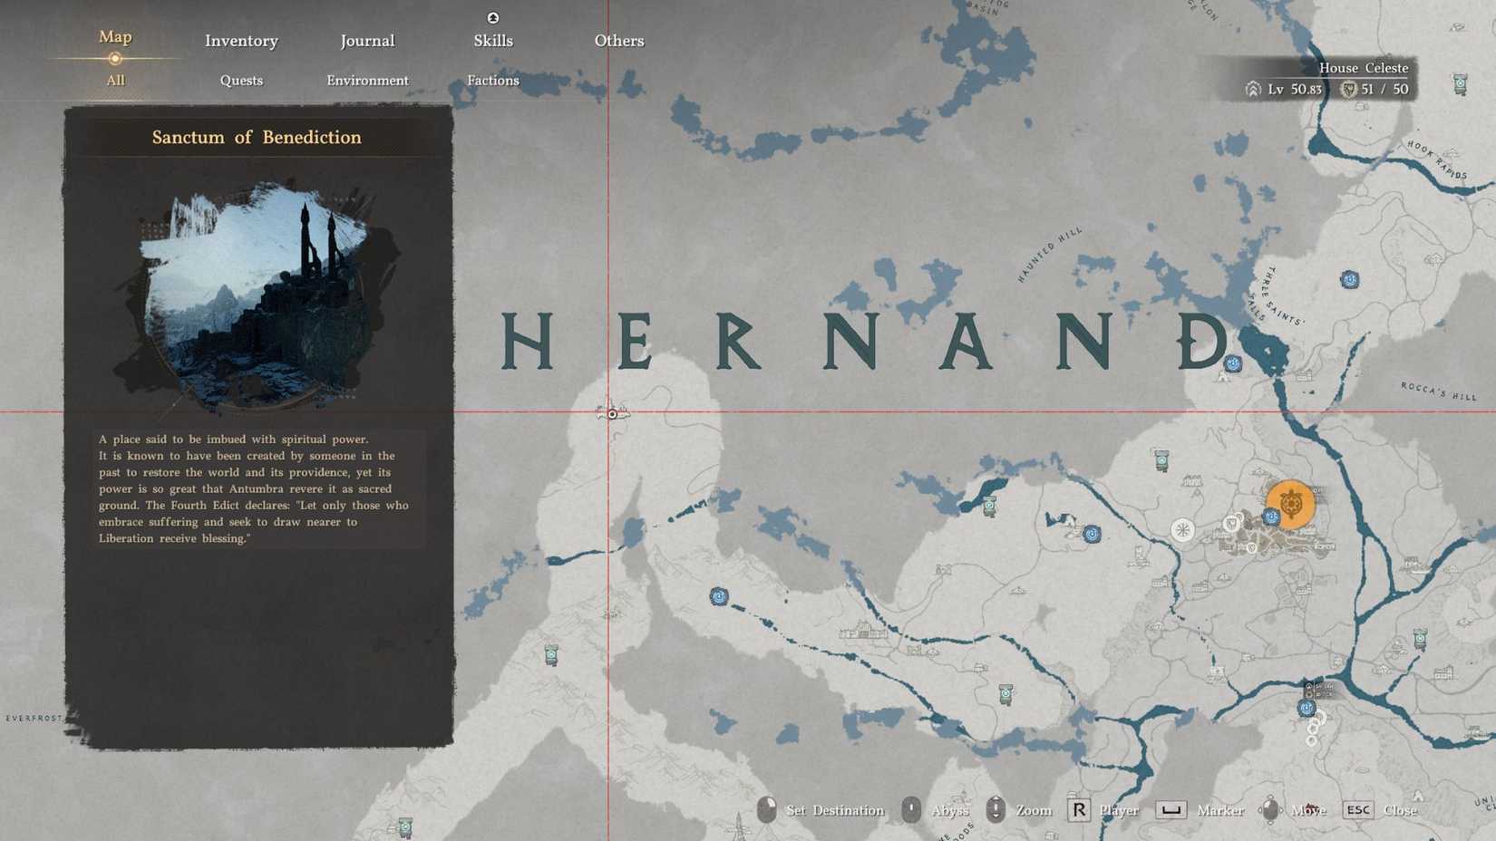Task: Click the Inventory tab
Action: [241, 41]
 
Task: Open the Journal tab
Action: [367, 41]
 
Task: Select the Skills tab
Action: [493, 41]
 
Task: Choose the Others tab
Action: [619, 41]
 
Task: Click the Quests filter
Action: [241, 81]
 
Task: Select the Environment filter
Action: [367, 81]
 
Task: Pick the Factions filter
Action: [493, 81]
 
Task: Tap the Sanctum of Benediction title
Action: [257, 138]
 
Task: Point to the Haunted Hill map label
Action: [1050, 255]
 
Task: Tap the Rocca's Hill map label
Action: [1439, 391]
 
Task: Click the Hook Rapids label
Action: [1437, 159]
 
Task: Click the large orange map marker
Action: [1291, 504]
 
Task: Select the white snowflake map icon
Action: [1182, 530]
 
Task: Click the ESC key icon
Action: [1357, 810]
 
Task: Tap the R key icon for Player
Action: [1078, 810]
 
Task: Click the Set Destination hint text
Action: [834, 810]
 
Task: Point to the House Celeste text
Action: [1363, 68]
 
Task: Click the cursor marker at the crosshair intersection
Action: [612, 414]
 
